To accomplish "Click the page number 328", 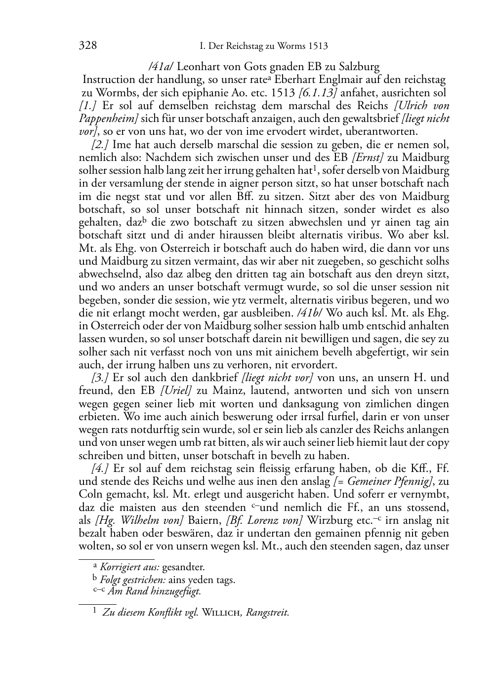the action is click(x=87, y=46).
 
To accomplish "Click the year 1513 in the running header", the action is click(x=317, y=47).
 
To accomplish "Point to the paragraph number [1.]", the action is click(x=87, y=106).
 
